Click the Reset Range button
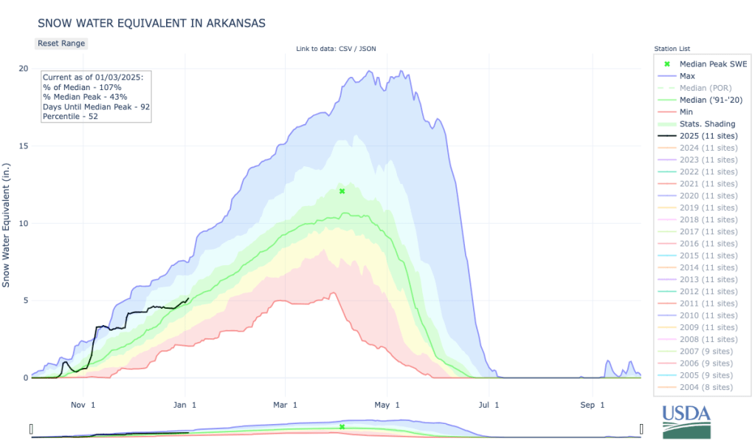[61, 44]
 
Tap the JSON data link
[368, 49]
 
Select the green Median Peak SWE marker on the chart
[342, 191]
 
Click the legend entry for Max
[686, 76]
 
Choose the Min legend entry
[686, 112]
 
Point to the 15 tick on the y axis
[23, 146]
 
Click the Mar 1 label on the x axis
[285, 405]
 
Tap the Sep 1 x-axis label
[591, 405]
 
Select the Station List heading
[672, 48]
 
